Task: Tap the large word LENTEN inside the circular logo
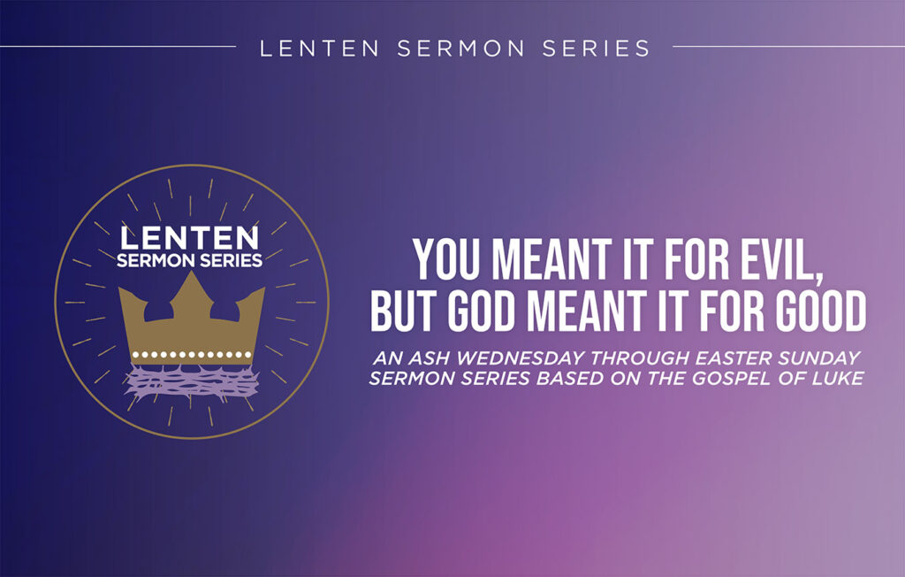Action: click(x=190, y=238)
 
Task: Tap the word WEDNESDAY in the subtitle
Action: click(x=507, y=359)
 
